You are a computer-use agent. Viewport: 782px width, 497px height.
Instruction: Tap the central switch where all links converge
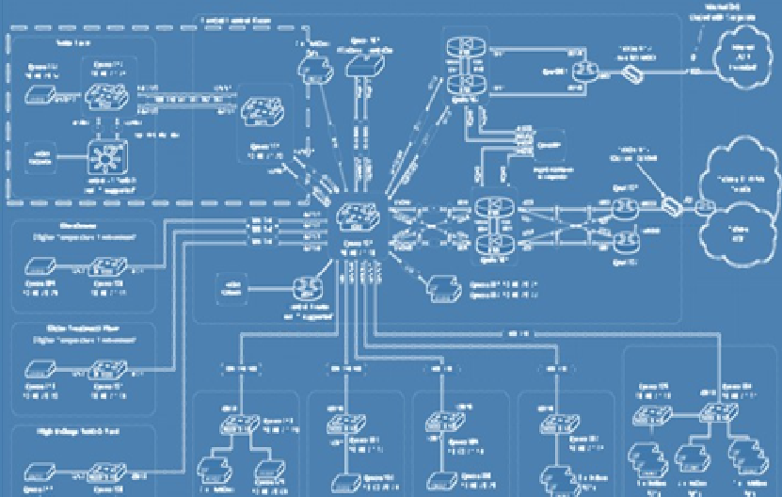[358, 217]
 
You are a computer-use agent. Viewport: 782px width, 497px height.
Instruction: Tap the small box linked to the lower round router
[232, 285]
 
